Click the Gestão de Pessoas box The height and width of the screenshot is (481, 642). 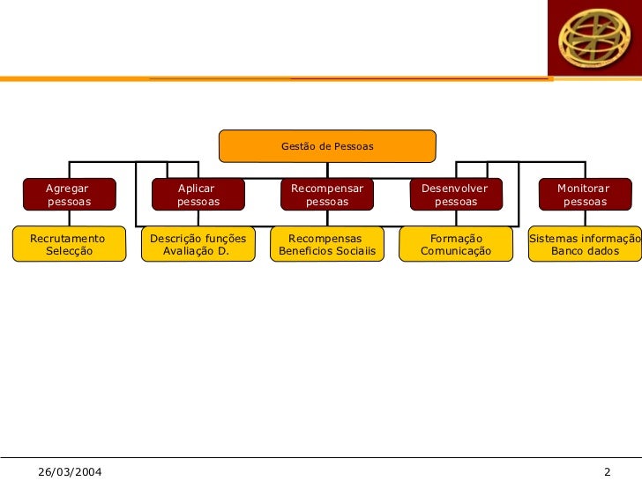pos(327,146)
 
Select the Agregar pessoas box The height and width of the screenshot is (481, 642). pos(69,195)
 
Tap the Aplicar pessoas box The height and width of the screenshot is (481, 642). pos(198,195)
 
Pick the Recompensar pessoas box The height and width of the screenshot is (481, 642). pos(326,195)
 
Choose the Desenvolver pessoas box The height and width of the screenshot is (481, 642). pos(455,195)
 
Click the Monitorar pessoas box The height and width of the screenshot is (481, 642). pos(584,195)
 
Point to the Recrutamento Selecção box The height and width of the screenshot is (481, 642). pos(67,245)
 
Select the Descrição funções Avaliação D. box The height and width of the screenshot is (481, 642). pos(198,245)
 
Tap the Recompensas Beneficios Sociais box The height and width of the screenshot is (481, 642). pos(326,245)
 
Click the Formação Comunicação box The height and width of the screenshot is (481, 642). pos(455,245)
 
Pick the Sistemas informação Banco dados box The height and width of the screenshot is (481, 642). pos(584,245)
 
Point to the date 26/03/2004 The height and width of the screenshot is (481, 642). pos(70,472)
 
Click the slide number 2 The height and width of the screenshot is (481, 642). pos(608,472)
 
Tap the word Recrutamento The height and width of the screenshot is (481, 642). pos(67,239)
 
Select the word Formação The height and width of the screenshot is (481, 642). pos(456,239)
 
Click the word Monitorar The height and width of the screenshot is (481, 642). pos(583,189)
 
